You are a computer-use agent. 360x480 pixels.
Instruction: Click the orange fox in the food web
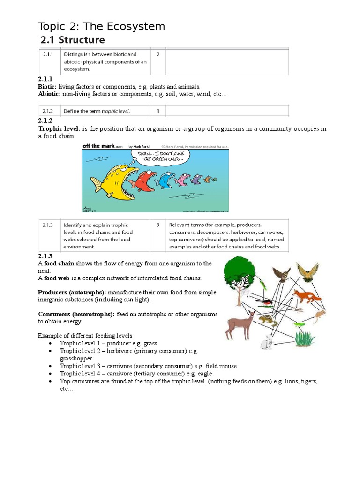coord(307,296)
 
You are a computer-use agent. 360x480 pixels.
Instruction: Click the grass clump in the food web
coord(305,337)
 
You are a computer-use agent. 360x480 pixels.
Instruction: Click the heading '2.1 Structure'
coord(73,40)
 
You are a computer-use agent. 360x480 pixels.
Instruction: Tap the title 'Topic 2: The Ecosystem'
coord(101,26)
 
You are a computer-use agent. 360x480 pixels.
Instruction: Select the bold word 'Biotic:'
coord(47,87)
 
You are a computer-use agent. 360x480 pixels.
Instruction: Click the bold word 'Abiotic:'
coord(49,94)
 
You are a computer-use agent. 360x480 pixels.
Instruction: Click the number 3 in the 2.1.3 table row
coord(158,225)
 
